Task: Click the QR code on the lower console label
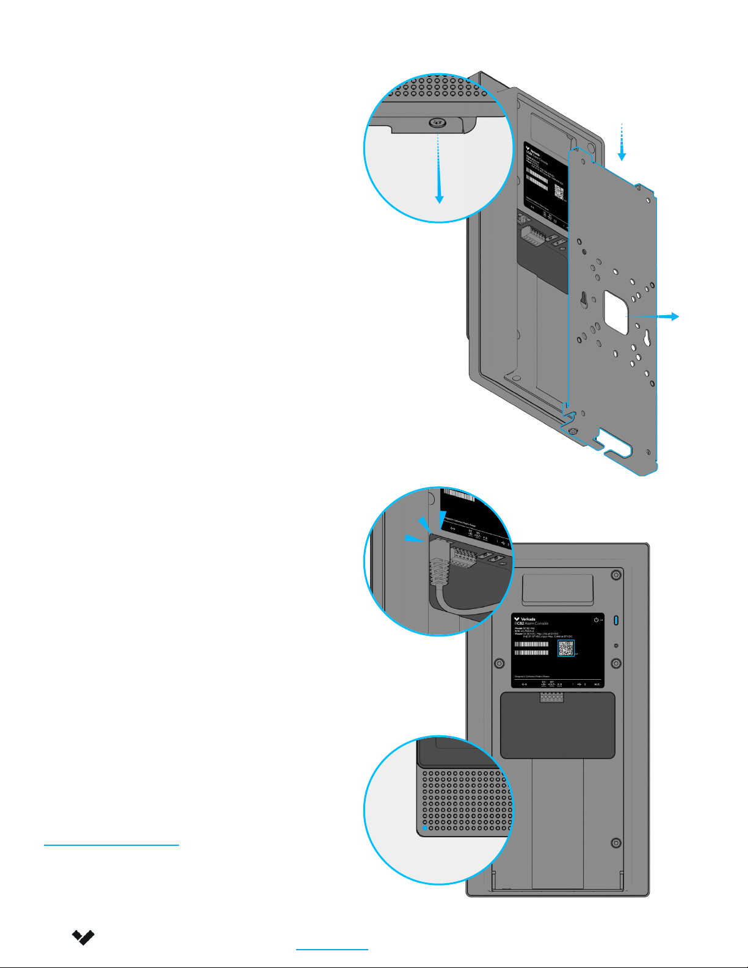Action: tap(566, 648)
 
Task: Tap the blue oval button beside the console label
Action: tap(616, 620)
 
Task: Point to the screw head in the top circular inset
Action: tap(437, 123)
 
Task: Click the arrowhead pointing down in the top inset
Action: tap(438, 198)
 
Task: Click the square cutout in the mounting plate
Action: tap(616, 312)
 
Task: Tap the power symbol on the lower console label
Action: tap(596, 620)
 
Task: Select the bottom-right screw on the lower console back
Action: tap(616, 843)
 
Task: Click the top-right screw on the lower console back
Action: tap(617, 575)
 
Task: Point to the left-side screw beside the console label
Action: tap(499, 663)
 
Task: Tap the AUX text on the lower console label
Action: tap(597, 685)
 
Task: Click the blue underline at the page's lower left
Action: tap(111, 845)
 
